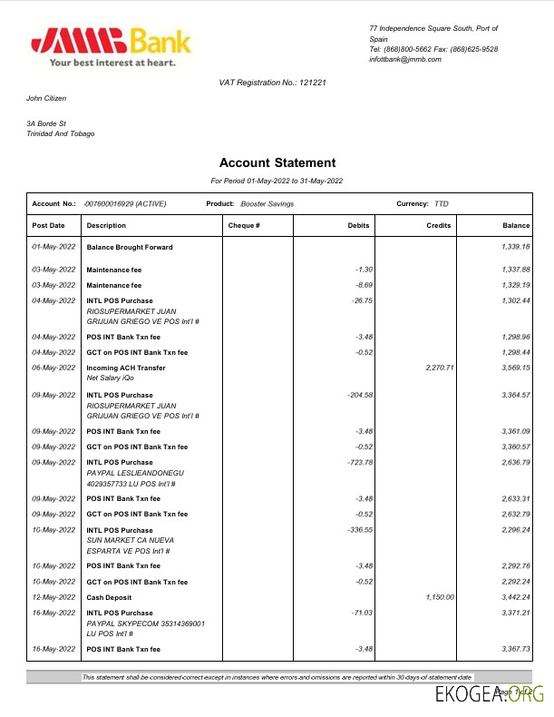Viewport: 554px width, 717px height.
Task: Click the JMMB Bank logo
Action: pos(111,46)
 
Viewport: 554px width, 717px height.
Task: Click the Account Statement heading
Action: pos(277,163)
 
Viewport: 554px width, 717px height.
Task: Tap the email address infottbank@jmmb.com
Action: pos(404,59)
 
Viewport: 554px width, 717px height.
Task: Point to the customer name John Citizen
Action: pos(46,98)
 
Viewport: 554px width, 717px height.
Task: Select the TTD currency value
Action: pos(442,204)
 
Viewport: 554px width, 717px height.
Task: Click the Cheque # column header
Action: pos(244,225)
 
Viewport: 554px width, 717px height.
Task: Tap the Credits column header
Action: pos(439,225)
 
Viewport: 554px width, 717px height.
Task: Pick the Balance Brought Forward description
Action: pos(129,247)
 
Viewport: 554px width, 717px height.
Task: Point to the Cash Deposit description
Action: pos(109,596)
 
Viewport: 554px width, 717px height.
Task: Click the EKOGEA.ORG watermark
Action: pos(491,696)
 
